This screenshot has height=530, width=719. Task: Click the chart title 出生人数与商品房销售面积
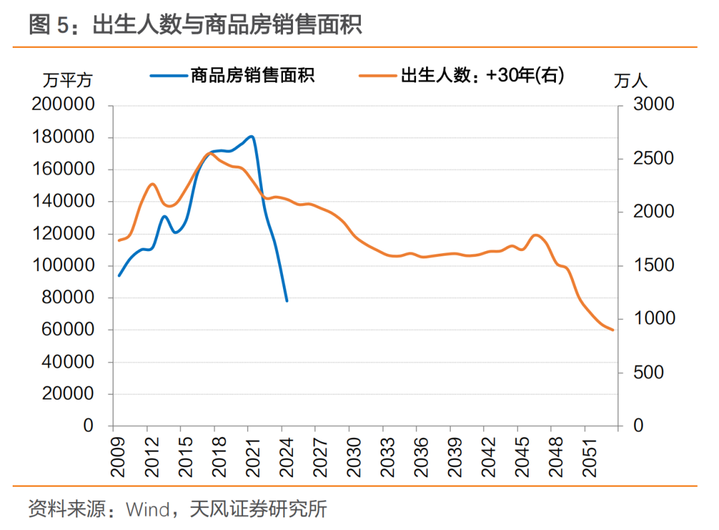click(x=226, y=25)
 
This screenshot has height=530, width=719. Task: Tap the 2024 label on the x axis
click(x=286, y=456)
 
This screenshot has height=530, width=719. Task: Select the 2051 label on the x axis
click(x=588, y=456)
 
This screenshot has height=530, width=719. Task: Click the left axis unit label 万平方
click(x=67, y=81)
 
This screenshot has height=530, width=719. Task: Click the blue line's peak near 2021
click(x=251, y=136)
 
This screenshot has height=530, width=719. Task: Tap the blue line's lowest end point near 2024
click(x=287, y=301)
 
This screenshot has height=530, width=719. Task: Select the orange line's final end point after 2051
click(x=613, y=330)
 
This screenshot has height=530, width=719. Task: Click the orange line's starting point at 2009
click(x=119, y=240)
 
